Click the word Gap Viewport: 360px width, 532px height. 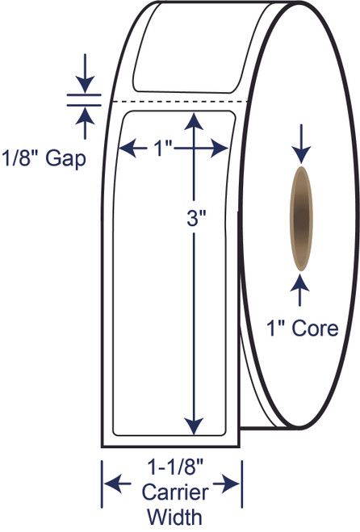pyautogui.click(x=65, y=159)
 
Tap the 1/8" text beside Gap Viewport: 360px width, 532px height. pyautogui.click(x=21, y=157)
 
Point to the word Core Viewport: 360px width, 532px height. pyautogui.click(x=315, y=329)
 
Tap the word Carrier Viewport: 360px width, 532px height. pyautogui.click(x=175, y=492)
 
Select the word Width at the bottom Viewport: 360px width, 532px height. pyautogui.click(x=175, y=517)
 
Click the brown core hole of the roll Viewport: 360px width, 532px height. pyautogui.click(x=300, y=219)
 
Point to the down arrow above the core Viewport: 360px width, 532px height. pyautogui.click(x=300, y=144)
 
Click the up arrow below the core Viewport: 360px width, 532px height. pyautogui.click(x=299, y=291)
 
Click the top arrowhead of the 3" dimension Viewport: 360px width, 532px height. pyautogui.click(x=194, y=121)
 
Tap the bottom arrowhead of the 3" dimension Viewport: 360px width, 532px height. pyautogui.click(x=194, y=426)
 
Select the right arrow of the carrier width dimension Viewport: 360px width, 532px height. pyautogui.click(x=226, y=484)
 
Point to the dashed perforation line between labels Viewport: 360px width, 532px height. pyautogui.click(x=180, y=102)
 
